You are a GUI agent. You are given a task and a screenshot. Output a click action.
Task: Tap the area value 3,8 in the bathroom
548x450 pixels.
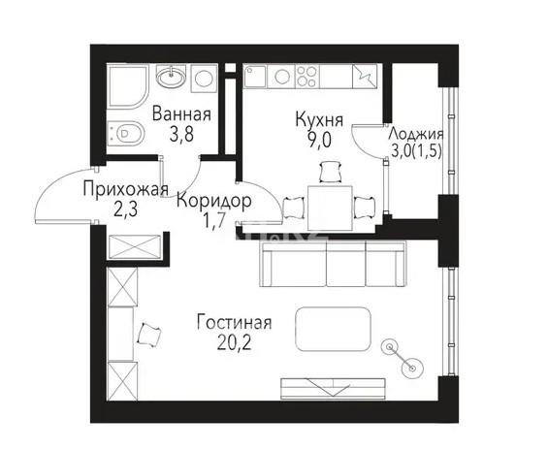point(179,136)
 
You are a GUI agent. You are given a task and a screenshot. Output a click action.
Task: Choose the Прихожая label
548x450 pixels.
point(126,189)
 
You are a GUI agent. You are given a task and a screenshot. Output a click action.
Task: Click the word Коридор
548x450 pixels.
point(214,201)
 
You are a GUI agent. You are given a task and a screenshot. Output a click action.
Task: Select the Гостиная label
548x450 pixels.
point(234,323)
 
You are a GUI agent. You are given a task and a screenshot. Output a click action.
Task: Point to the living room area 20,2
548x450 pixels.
point(234,342)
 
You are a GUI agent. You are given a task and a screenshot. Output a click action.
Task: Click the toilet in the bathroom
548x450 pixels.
point(126,133)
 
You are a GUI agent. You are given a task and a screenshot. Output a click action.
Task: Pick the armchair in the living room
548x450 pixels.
point(149,336)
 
